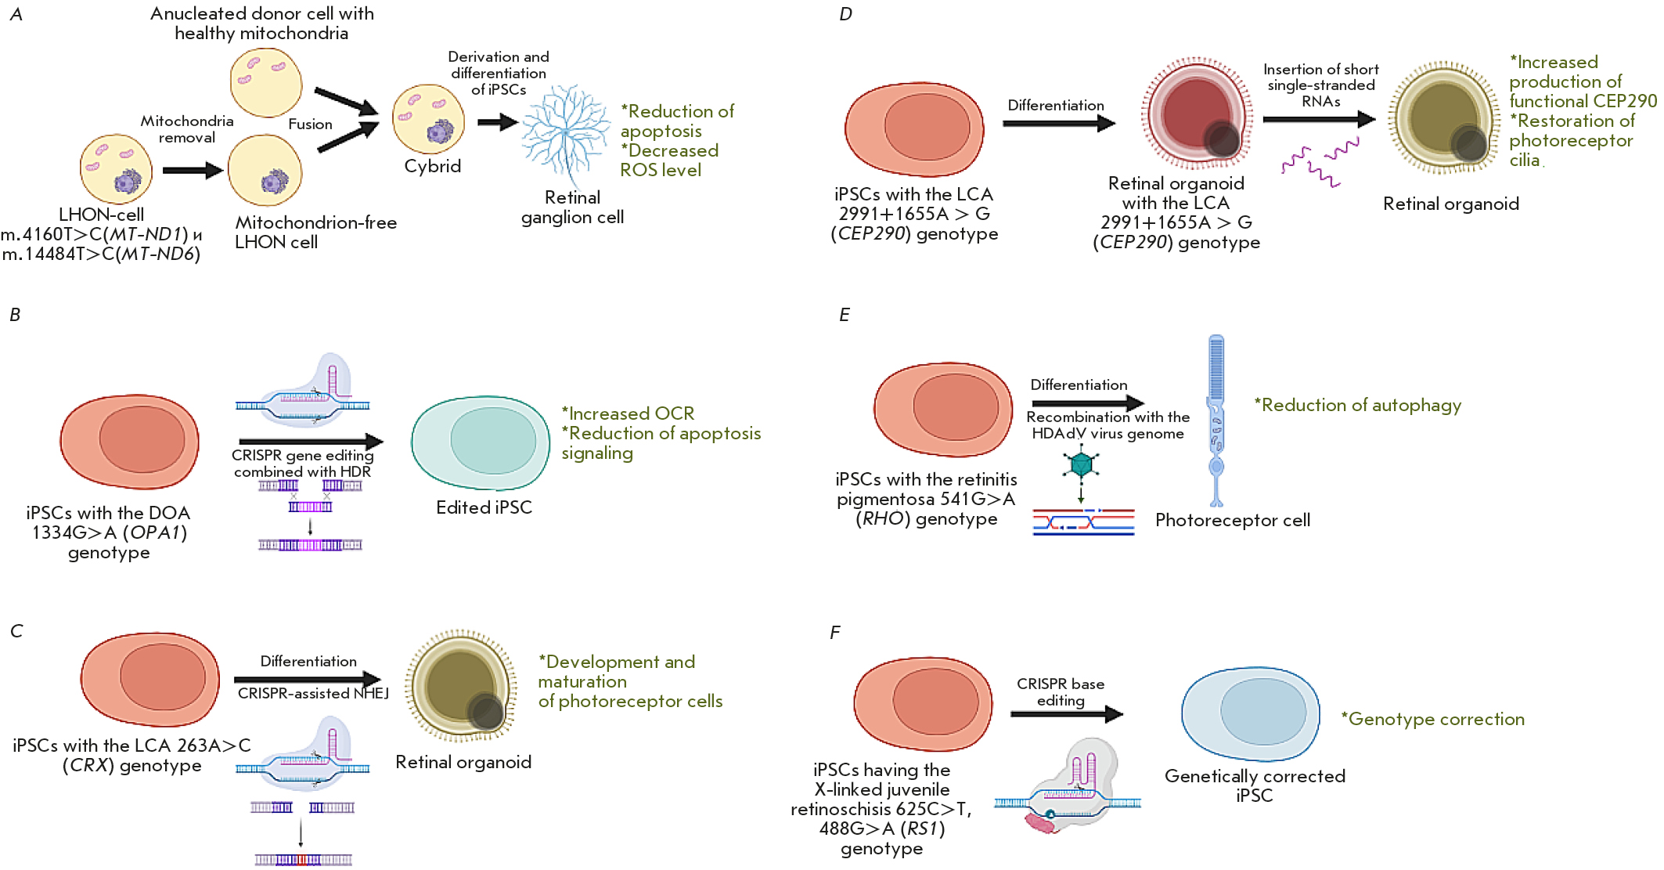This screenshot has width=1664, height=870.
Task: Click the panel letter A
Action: click(x=16, y=14)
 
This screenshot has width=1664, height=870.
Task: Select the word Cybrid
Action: click(x=432, y=166)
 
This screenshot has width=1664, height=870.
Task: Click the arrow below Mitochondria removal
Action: click(x=192, y=170)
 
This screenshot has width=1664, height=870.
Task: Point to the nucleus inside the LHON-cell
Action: click(x=127, y=182)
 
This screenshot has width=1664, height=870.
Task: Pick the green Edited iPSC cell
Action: click(x=480, y=442)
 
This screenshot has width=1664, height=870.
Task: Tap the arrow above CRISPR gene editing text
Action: click(x=310, y=442)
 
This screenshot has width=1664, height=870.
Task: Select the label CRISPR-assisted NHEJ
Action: click(x=313, y=694)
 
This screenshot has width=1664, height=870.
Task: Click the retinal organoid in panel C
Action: click(x=461, y=685)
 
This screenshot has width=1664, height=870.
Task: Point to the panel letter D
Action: click(x=845, y=14)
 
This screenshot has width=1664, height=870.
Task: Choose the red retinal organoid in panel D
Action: click(x=1196, y=114)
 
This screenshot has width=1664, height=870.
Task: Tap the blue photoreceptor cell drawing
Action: click(x=1216, y=419)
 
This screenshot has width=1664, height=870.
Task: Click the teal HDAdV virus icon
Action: click(x=1081, y=464)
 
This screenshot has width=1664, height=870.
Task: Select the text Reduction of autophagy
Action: click(x=1358, y=406)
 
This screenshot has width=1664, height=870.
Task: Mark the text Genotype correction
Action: click(x=1433, y=719)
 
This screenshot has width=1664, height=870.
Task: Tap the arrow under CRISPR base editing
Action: click(x=1066, y=713)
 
